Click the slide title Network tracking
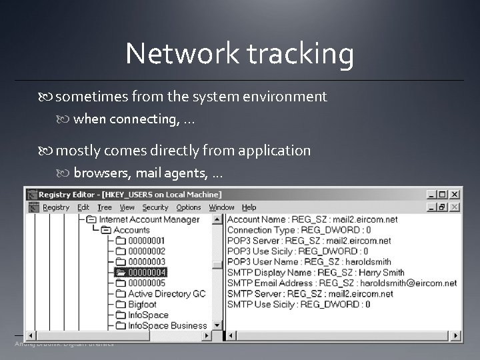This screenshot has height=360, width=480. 239,54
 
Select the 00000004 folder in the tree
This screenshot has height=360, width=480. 147,272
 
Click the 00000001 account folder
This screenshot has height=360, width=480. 147,240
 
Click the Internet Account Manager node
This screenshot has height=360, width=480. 149,219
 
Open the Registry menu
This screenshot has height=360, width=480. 56,207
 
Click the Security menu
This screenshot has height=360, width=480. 155,207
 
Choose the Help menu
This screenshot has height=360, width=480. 249,207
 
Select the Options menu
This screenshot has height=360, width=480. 189,207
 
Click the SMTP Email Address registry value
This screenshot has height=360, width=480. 342,283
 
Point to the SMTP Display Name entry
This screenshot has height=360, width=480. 315,272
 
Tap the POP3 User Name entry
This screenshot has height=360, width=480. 309,261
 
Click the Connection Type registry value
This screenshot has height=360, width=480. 299,229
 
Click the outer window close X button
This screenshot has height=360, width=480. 455,195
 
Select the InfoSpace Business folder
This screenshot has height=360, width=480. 167,325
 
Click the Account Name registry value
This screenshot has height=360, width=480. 312,219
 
